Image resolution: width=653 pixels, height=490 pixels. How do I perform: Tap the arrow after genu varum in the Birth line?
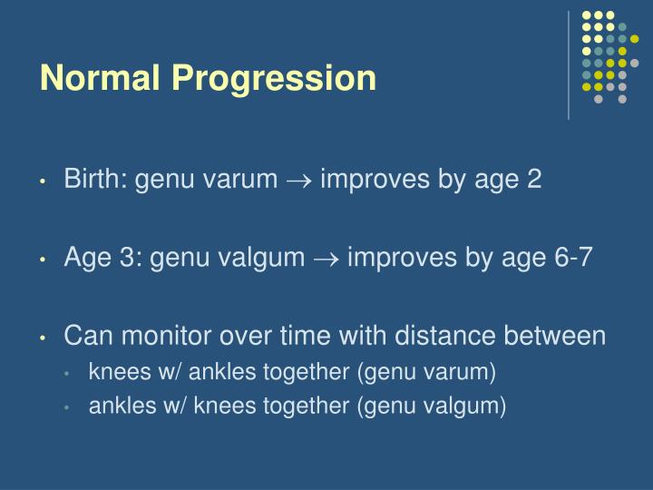pyautogui.click(x=298, y=180)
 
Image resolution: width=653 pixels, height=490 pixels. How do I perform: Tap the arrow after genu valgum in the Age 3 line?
pyautogui.click(x=326, y=258)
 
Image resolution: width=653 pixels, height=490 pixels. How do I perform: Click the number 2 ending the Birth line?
pyautogui.click(x=534, y=179)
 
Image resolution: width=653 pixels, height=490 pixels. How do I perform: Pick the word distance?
pyautogui.click(x=439, y=337)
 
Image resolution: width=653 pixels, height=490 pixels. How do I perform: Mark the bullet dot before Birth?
pyautogui.click(x=44, y=181)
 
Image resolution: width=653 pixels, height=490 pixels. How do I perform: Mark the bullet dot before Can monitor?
pyautogui.click(x=44, y=338)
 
